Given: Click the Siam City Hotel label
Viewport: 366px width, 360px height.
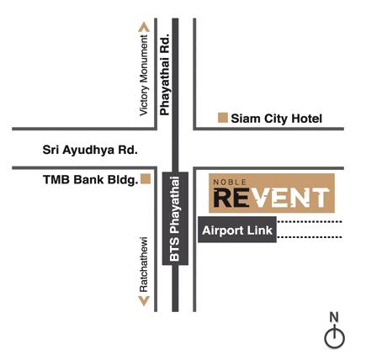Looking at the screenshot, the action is click(x=276, y=119).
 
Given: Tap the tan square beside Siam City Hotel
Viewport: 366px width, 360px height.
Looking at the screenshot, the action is click(x=223, y=118).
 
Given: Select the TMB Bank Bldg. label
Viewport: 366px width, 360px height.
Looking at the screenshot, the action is click(x=91, y=180).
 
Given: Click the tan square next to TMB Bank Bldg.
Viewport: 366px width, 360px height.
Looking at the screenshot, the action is click(x=146, y=179).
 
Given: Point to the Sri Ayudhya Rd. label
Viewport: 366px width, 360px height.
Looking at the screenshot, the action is click(x=90, y=150).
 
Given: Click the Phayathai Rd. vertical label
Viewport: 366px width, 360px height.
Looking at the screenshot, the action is click(x=165, y=75).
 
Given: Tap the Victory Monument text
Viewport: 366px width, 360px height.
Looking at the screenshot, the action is click(x=144, y=75).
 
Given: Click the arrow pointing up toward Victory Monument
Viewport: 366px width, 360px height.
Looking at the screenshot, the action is click(x=144, y=27).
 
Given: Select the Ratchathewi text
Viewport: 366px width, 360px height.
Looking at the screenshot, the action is click(x=144, y=265).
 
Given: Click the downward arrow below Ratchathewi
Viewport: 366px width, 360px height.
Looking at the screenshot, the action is click(x=144, y=301).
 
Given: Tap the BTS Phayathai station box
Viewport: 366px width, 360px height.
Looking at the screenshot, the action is click(x=175, y=219).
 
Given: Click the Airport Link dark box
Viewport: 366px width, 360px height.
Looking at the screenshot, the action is click(x=237, y=230).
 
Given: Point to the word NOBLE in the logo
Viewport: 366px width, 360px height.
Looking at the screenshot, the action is click(x=230, y=183).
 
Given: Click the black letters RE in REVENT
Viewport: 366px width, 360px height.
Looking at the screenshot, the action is click(x=231, y=198).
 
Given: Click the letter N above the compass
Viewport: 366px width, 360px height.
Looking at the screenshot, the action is click(x=334, y=317).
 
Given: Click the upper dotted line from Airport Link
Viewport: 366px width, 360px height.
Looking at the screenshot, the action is click(x=310, y=222).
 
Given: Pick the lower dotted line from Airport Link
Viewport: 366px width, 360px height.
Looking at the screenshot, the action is click(x=310, y=237).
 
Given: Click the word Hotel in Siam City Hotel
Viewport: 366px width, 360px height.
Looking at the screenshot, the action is click(x=307, y=119).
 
